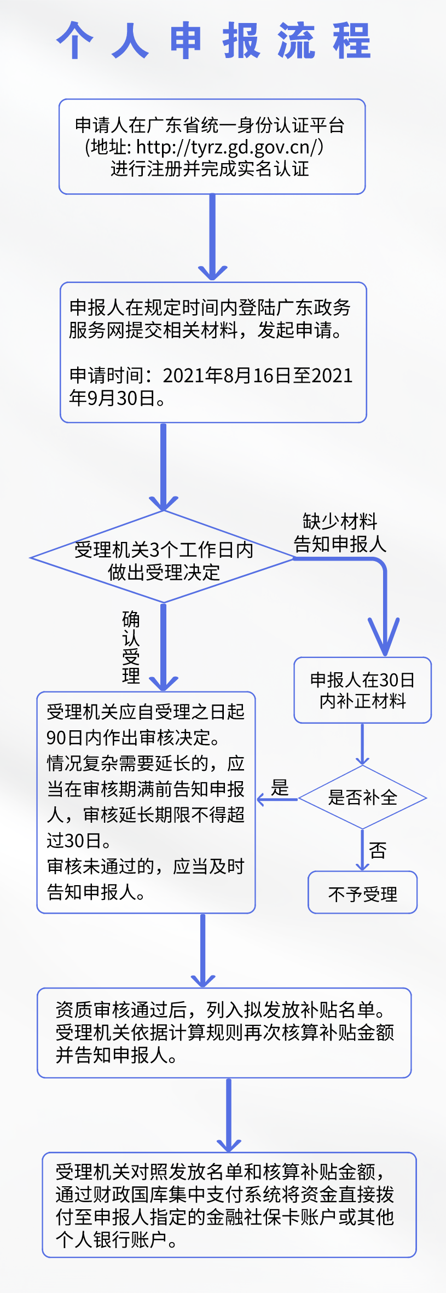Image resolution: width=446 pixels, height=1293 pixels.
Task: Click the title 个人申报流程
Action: pos(214,41)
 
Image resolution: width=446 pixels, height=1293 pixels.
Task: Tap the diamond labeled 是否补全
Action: pos(362,798)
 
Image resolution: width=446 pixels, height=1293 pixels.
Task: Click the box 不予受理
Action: pos(362,894)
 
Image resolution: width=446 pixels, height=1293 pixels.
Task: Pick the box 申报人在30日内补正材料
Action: pos(362,690)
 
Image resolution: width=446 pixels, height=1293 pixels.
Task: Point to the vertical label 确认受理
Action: pos(131,647)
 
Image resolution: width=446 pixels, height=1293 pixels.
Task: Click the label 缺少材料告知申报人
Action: pos(340,533)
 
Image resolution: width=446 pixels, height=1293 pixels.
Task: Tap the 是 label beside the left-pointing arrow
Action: pos(280,787)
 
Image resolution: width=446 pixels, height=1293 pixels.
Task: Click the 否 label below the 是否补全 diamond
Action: pos(378,850)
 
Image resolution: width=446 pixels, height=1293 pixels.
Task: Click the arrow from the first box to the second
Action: pos(212,238)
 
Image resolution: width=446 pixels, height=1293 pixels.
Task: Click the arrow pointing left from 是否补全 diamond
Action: pos(277,800)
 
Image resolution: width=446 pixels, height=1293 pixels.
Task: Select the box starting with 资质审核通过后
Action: pos(224,1032)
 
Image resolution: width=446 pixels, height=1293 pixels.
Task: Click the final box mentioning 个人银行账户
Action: pos(229,1205)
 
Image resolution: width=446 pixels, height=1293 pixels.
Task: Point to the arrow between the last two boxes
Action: pos(229,1115)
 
